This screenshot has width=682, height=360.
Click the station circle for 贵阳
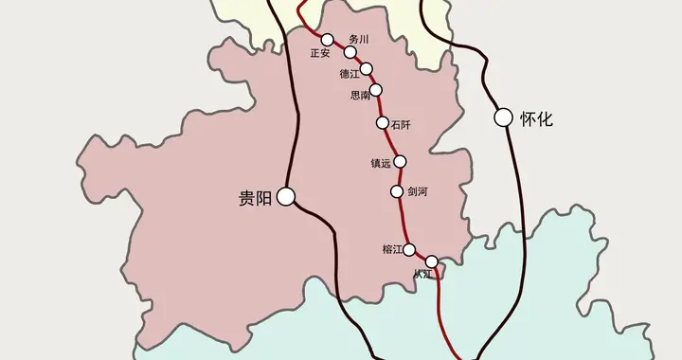click(x=286, y=197)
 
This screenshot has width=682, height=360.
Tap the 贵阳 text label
click(x=254, y=198)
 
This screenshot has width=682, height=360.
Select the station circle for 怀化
click(x=503, y=118)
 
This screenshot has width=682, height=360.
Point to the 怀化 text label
click(x=535, y=119)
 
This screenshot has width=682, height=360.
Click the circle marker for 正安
click(x=327, y=40)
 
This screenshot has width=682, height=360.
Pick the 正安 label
click(x=319, y=53)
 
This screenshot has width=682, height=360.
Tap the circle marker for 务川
click(x=350, y=52)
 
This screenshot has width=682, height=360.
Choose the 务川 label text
click(x=358, y=39)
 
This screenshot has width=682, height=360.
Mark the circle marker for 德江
click(x=367, y=69)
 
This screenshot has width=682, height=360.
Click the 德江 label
click(x=350, y=74)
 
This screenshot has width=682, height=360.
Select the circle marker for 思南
click(x=376, y=90)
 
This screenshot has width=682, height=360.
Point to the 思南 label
click(x=360, y=96)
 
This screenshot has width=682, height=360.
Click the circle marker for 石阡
click(x=383, y=123)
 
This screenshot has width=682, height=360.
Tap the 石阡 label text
click(x=401, y=123)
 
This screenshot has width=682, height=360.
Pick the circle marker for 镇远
click(x=400, y=161)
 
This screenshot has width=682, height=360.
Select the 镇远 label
click(x=381, y=163)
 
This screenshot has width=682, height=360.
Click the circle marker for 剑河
click(x=397, y=192)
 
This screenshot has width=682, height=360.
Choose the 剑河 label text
click(x=418, y=192)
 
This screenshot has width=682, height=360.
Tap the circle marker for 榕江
click(x=410, y=250)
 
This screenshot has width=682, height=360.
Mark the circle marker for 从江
click(x=432, y=261)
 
